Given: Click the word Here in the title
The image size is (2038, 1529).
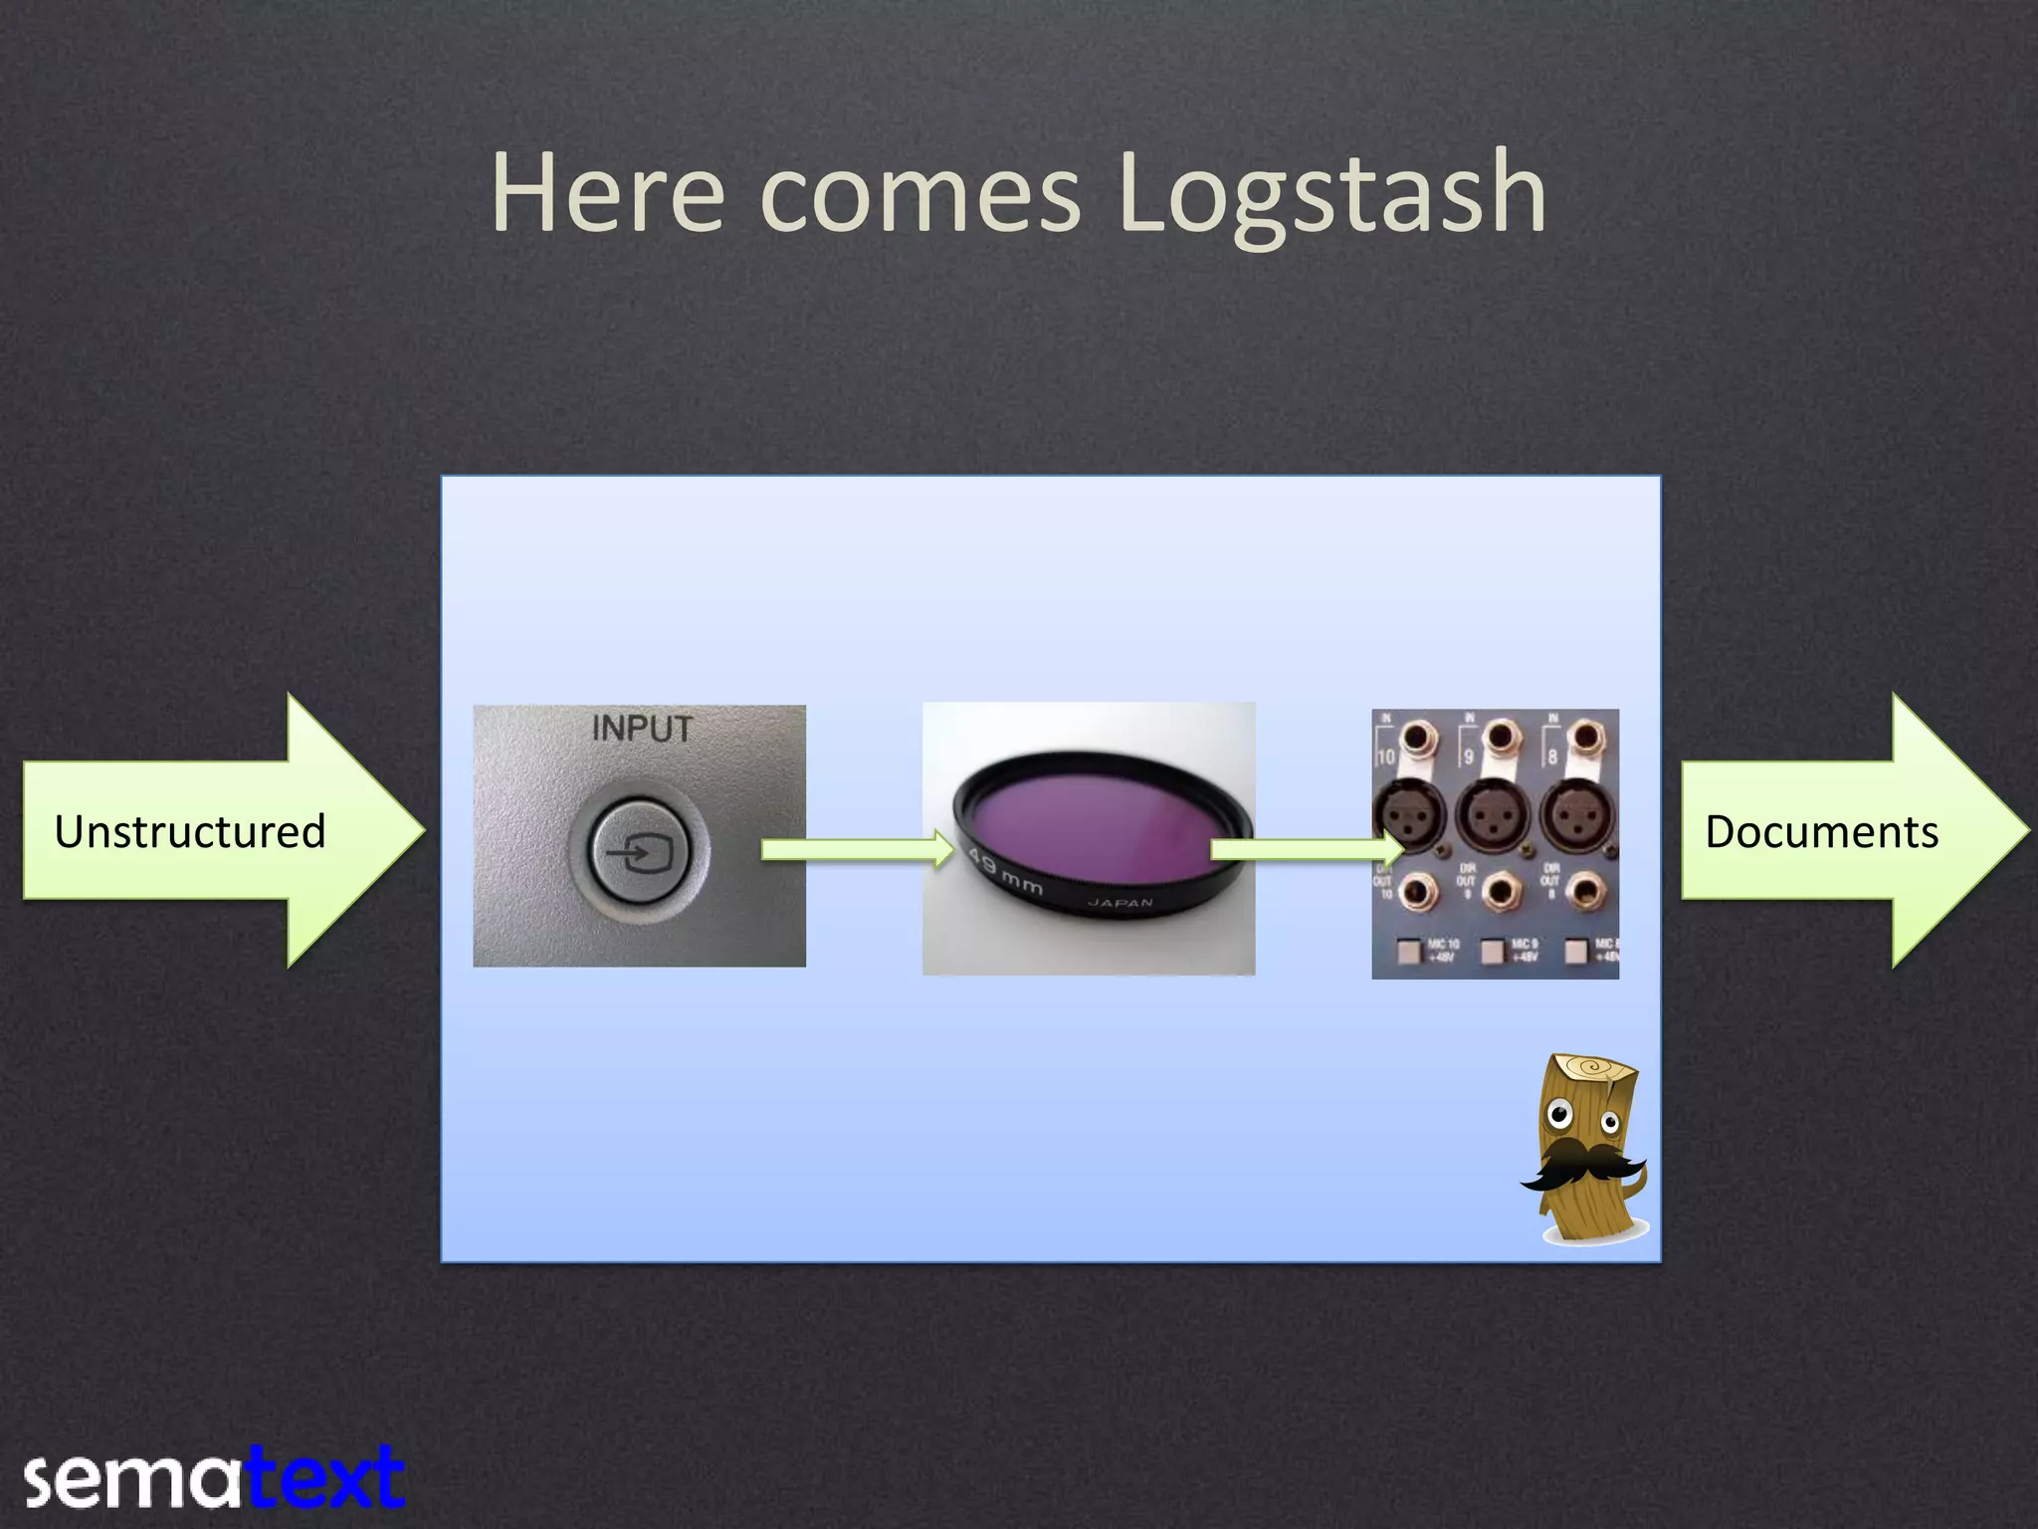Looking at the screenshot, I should tap(608, 194).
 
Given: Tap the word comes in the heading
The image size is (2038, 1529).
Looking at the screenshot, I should tap(919, 194).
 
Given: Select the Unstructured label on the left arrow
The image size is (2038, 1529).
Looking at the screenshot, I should tap(190, 832).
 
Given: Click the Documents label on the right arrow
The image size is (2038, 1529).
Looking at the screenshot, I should tap(1821, 832).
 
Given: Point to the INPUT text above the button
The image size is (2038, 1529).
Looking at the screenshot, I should tap(642, 729).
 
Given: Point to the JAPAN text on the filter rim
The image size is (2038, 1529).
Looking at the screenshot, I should tap(1120, 903).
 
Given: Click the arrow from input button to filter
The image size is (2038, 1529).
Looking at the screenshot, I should tap(856, 849).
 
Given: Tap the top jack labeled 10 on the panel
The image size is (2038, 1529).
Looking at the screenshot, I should tap(1416, 739).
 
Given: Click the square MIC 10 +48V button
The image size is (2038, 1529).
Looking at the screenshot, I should tap(1408, 952).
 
